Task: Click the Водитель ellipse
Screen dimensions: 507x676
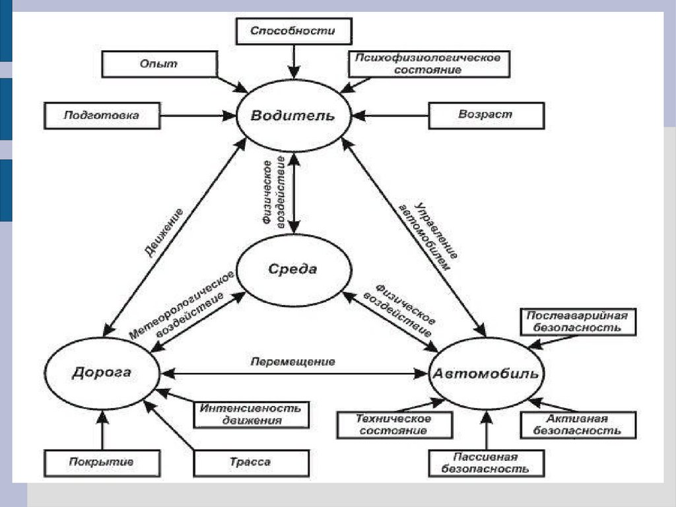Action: click(x=292, y=116)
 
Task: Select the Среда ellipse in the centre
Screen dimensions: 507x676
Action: click(x=292, y=269)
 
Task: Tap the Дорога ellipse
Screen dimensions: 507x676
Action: click(x=101, y=372)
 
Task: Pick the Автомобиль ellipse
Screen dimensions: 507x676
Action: click(x=487, y=374)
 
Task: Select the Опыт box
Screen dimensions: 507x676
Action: click(x=159, y=63)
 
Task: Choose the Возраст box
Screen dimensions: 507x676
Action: click(x=486, y=114)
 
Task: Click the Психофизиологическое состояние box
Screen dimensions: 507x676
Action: click(x=428, y=63)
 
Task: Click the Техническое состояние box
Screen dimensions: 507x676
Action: click(x=394, y=424)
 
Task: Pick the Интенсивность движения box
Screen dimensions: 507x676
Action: click(x=251, y=414)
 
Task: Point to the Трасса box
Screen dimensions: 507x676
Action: click(x=251, y=462)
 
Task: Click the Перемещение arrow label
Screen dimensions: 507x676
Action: click(x=293, y=362)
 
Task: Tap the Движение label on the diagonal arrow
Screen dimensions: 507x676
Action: click(x=162, y=232)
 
